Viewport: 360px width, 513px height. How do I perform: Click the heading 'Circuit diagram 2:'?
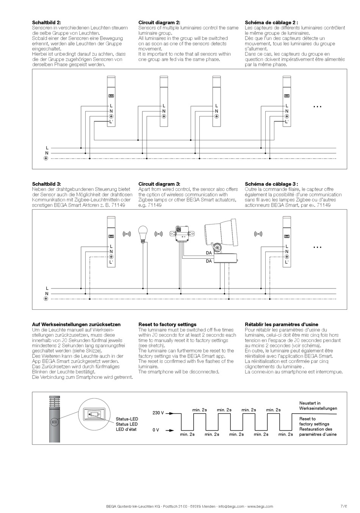[x=159, y=23]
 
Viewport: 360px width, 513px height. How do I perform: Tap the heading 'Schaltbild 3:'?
[x=47, y=184]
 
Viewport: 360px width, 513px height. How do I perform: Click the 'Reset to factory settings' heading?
[x=167, y=325]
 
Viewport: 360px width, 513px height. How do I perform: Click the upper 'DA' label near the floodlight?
[x=209, y=253]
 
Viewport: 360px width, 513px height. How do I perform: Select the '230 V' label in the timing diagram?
[x=158, y=413]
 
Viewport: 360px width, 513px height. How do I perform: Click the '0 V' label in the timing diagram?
[x=156, y=430]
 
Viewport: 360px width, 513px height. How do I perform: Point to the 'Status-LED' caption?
[x=127, y=419]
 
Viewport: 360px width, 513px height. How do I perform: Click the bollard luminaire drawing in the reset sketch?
[x=55, y=419]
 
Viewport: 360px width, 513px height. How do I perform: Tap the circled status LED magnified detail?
[x=93, y=414]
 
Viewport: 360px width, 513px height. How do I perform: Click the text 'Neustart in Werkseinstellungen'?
[x=318, y=406]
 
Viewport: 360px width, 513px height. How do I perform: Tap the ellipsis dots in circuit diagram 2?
[x=317, y=107]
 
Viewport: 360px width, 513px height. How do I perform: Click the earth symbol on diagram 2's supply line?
[x=45, y=158]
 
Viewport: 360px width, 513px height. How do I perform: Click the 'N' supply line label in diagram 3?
[x=47, y=293]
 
